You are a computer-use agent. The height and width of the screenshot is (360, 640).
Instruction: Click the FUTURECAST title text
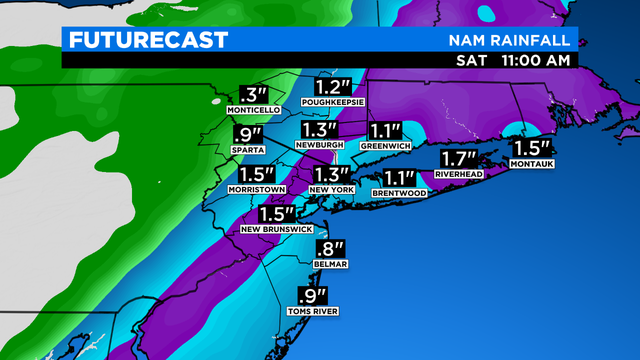tap(147, 40)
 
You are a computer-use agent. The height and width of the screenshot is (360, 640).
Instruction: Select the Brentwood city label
tap(399, 193)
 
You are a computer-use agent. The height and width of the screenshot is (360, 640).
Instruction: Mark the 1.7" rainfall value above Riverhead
tap(461, 158)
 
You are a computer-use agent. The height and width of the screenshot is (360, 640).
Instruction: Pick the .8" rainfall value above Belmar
tap(330, 248)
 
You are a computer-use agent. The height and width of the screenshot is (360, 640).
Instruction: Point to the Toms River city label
tap(315, 312)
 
